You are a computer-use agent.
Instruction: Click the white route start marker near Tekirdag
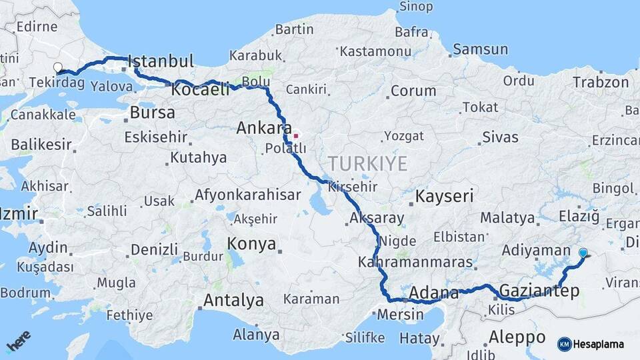click(58, 67)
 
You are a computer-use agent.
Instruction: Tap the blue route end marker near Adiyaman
click(583, 253)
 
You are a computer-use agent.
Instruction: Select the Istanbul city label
click(160, 61)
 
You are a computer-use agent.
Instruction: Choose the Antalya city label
click(233, 301)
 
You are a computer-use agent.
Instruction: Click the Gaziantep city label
click(539, 291)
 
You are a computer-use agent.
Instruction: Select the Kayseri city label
click(444, 196)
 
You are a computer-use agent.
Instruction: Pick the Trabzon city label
click(601, 83)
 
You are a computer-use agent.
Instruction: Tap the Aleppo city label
click(517, 335)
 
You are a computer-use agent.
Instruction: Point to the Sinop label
click(415, 7)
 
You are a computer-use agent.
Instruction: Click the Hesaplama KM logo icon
click(564, 344)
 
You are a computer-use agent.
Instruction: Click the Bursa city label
click(152, 113)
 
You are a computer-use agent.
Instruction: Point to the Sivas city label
click(500, 138)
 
